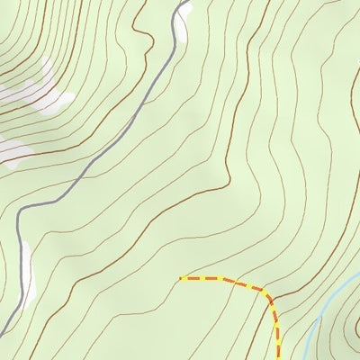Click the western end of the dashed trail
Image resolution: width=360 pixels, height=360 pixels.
pyautogui.click(x=181, y=277)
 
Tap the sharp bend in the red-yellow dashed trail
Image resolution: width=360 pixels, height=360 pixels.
pyautogui.click(x=268, y=292)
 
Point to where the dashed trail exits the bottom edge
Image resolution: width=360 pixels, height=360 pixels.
pyautogui.click(x=279, y=358)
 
